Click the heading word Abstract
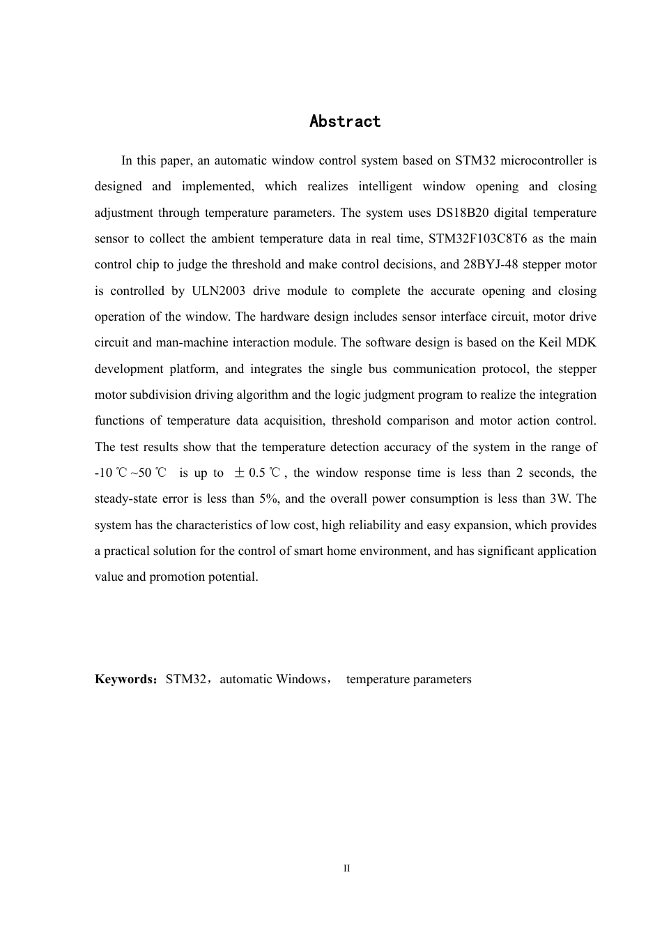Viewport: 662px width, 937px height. tap(345, 121)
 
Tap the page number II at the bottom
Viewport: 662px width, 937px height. tap(346, 869)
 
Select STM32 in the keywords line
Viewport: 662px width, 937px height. tap(186, 679)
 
